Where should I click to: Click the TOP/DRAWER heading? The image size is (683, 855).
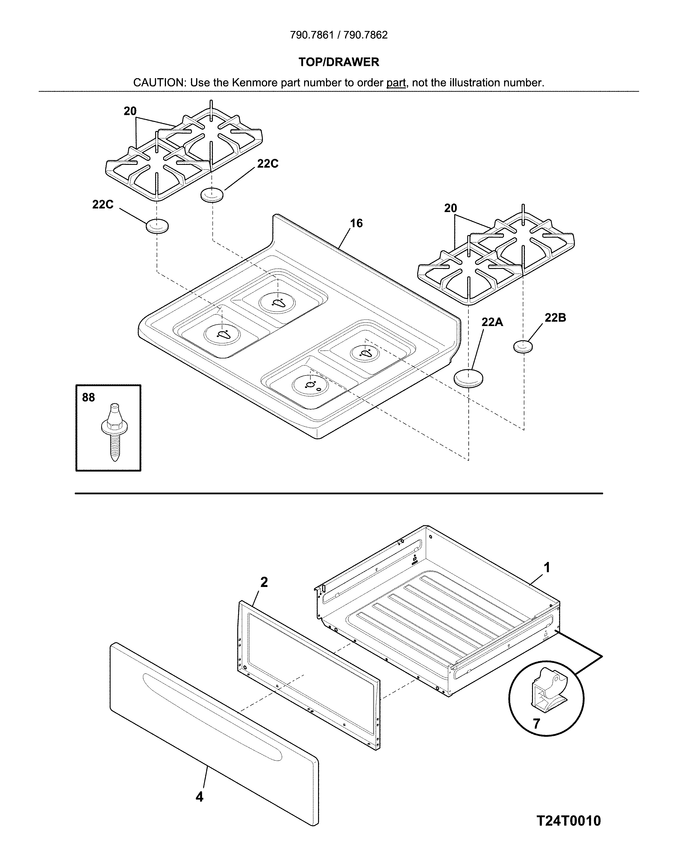339,62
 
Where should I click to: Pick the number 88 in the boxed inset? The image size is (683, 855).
88,397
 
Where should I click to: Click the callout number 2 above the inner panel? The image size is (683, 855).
264,582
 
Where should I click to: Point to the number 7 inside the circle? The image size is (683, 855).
536,724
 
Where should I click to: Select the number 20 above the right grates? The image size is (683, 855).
450,208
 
